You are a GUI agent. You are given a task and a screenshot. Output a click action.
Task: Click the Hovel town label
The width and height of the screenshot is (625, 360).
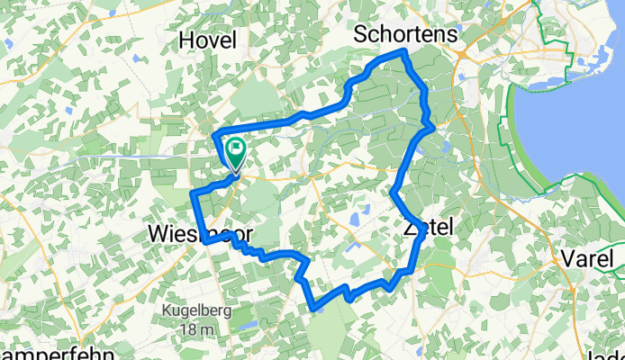point(208,40)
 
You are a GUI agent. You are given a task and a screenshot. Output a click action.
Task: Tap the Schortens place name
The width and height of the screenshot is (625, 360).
point(407,33)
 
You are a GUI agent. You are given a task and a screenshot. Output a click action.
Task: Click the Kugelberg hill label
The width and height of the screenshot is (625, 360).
point(197,310)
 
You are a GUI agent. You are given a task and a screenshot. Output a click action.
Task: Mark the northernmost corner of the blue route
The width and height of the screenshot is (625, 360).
point(404,51)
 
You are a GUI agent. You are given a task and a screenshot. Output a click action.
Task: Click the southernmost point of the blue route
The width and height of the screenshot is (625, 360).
point(313,310)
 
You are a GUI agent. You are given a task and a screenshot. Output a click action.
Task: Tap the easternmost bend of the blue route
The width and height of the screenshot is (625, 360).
point(435,127)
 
